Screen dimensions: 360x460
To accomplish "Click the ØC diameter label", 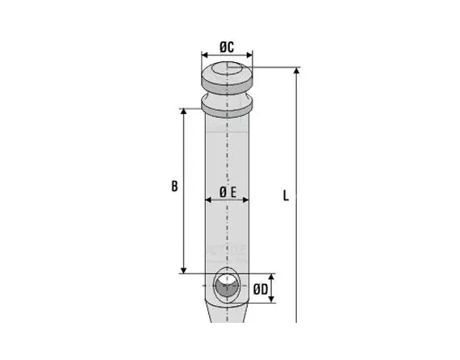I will pos(227,47).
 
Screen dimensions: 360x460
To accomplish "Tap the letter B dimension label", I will pos(174,186).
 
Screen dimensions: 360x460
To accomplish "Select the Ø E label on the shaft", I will pos(228,192).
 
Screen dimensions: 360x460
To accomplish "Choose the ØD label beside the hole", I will pos(259,288).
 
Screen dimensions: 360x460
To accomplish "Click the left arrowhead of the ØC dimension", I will pos(203,58).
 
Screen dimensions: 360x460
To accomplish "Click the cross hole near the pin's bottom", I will pos(228,287).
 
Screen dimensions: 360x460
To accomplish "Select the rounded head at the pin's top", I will pos(227,76).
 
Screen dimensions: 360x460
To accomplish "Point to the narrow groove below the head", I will pos(227,94).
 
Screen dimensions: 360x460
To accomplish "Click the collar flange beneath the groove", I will pos(227,105).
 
